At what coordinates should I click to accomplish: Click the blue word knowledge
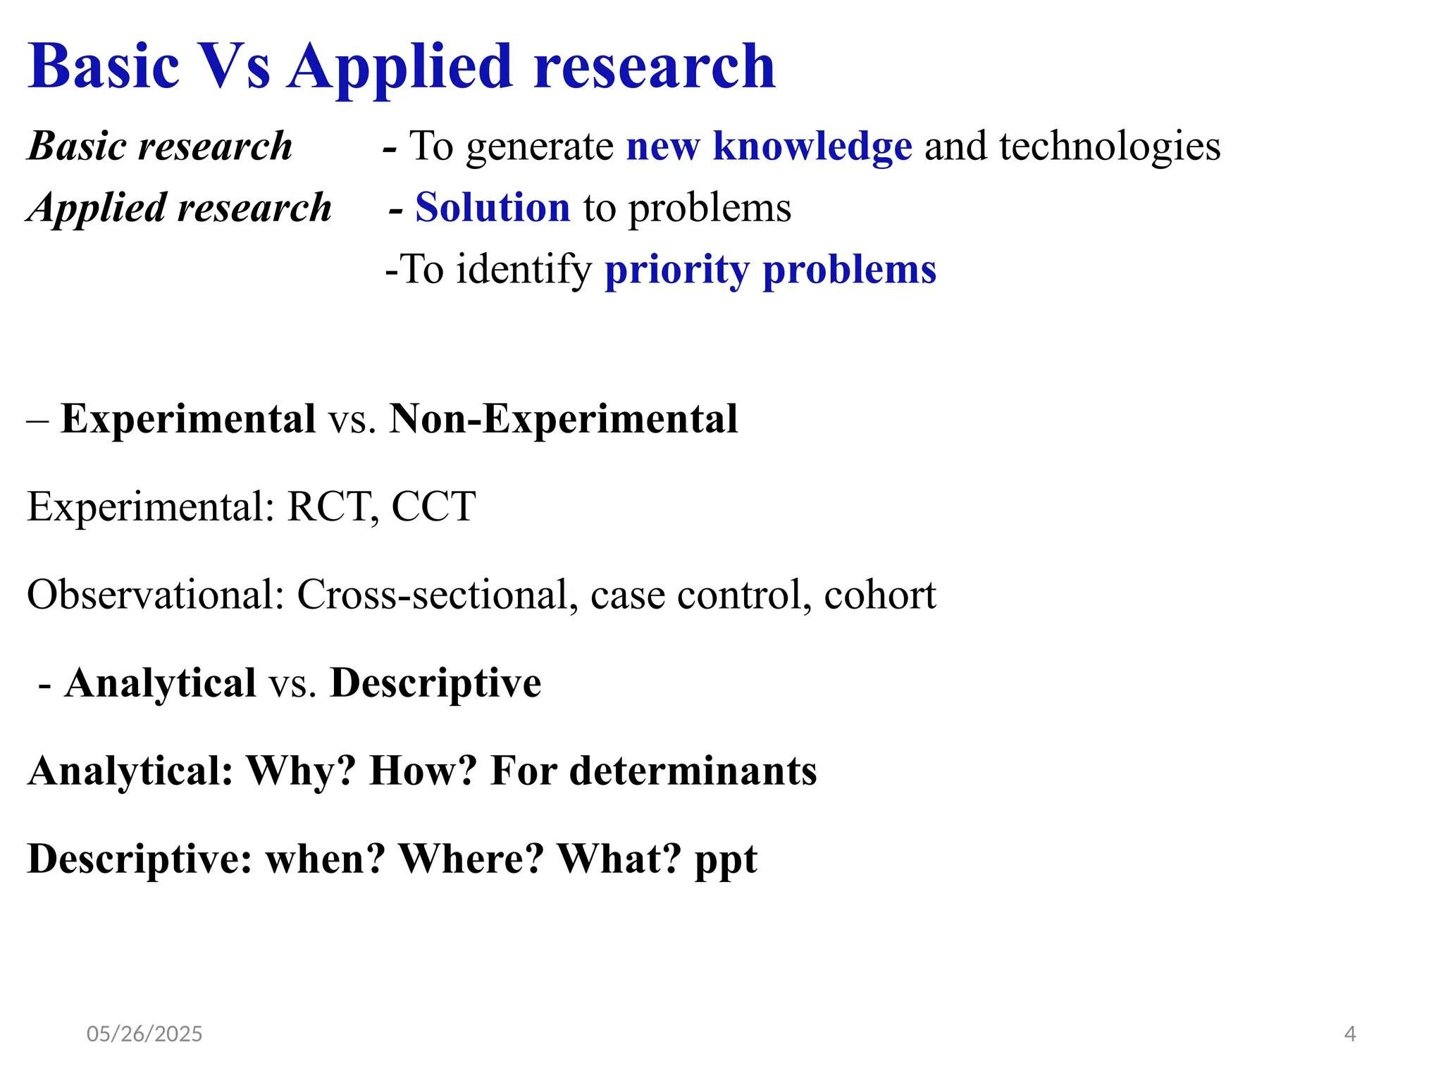(812, 147)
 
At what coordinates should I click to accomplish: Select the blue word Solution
(493, 208)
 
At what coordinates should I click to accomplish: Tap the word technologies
(1110, 147)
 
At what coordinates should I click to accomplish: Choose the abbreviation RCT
(328, 506)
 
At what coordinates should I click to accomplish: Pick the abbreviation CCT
(433, 506)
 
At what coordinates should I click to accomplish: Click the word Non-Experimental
(564, 419)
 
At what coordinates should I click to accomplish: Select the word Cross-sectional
(432, 595)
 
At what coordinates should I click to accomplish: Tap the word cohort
(880, 595)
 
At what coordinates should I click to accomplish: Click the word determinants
(693, 771)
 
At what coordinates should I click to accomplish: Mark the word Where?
(471, 859)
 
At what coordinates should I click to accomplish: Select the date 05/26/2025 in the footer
(144, 1034)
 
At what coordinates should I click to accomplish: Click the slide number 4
(1350, 1034)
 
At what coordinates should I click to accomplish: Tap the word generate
(540, 148)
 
